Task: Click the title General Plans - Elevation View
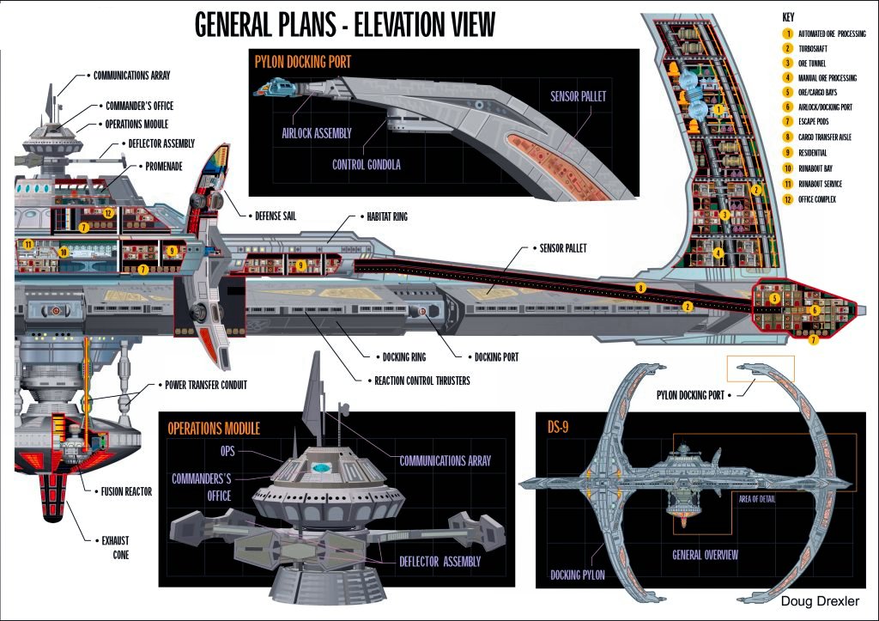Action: [345, 24]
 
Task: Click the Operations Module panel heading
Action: [214, 428]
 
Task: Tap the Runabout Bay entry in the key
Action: [821, 169]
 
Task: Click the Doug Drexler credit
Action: [820, 602]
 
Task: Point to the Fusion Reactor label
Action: [124, 492]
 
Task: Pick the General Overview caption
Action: [705, 554]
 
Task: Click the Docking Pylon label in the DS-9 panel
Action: [577, 575]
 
